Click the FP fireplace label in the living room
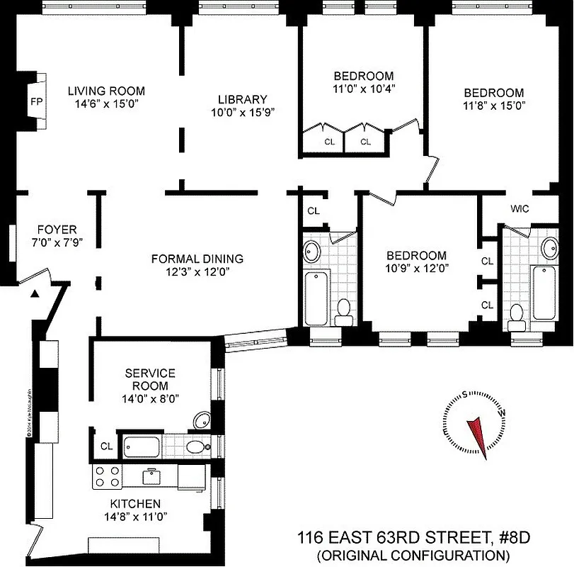click(x=36, y=101)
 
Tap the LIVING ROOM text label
click(x=106, y=91)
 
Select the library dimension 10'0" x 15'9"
click(x=242, y=111)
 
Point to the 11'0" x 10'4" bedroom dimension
click(x=364, y=89)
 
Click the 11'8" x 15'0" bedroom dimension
click(x=493, y=105)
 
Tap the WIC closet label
click(x=520, y=208)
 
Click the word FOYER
click(x=57, y=230)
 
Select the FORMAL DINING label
click(x=197, y=259)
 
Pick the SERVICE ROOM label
click(x=149, y=379)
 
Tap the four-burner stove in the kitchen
click(x=107, y=476)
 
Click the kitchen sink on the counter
click(x=150, y=476)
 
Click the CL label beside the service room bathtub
click(x=106, y=447)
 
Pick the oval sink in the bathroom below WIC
click(x=549, y=248)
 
